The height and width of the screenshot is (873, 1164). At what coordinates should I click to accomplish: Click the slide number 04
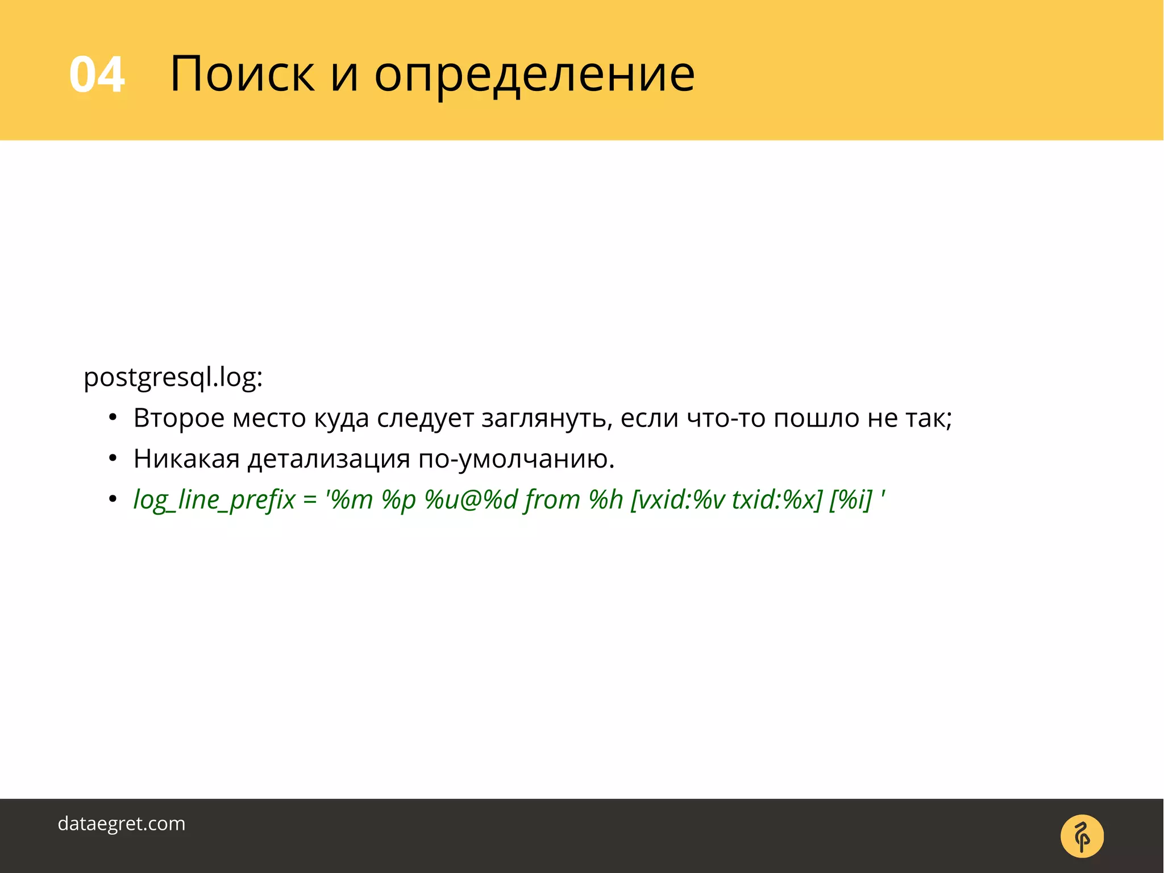[97, 75]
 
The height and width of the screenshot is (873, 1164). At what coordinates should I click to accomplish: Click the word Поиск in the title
[242, 74]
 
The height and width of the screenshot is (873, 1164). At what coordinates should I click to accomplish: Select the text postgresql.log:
[173, 378]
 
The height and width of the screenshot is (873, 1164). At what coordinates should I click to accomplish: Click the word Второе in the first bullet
[179, 419]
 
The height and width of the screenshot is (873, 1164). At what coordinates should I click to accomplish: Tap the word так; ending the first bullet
[929, 419]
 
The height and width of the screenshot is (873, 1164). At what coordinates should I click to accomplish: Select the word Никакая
[186, 459]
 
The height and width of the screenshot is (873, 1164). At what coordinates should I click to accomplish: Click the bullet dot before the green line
[113, 499]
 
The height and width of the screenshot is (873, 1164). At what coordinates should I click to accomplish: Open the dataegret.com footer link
[122, 824]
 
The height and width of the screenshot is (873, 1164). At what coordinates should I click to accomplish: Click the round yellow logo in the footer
[1082, 836]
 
